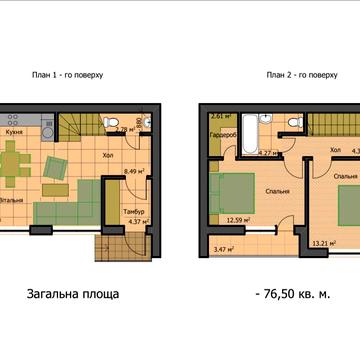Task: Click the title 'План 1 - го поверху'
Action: coord(75,75)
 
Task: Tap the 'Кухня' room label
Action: coord(16,131)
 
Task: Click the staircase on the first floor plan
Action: coord(77,125)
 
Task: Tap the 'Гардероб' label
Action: coord(223,135)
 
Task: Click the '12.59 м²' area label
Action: coord(238,222)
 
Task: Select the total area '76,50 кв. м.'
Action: coord(300,295)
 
